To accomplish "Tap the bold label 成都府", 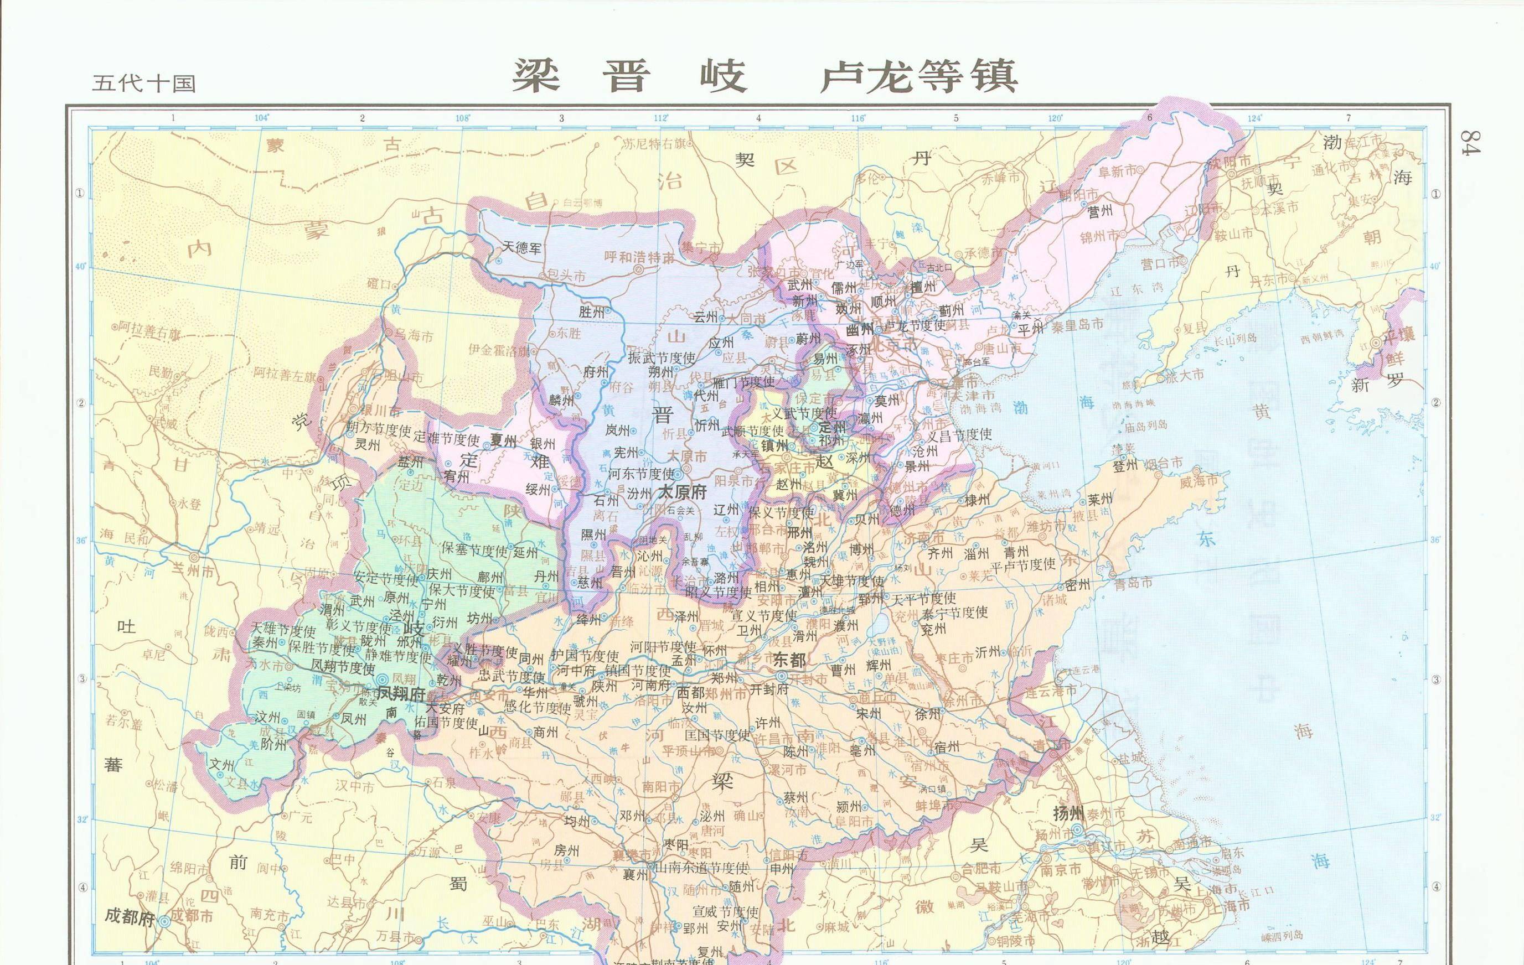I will point(129,917).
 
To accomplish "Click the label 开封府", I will point(769,689).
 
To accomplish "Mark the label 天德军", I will point(523,247).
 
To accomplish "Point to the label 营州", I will point(1100,212).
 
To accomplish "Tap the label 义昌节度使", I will point(959,435).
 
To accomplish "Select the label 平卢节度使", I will point(1023,564).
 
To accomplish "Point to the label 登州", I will point(1125,466).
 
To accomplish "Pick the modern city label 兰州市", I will point(194,568).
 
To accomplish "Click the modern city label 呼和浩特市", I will point(639,257).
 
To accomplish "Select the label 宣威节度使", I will point(725,912).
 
